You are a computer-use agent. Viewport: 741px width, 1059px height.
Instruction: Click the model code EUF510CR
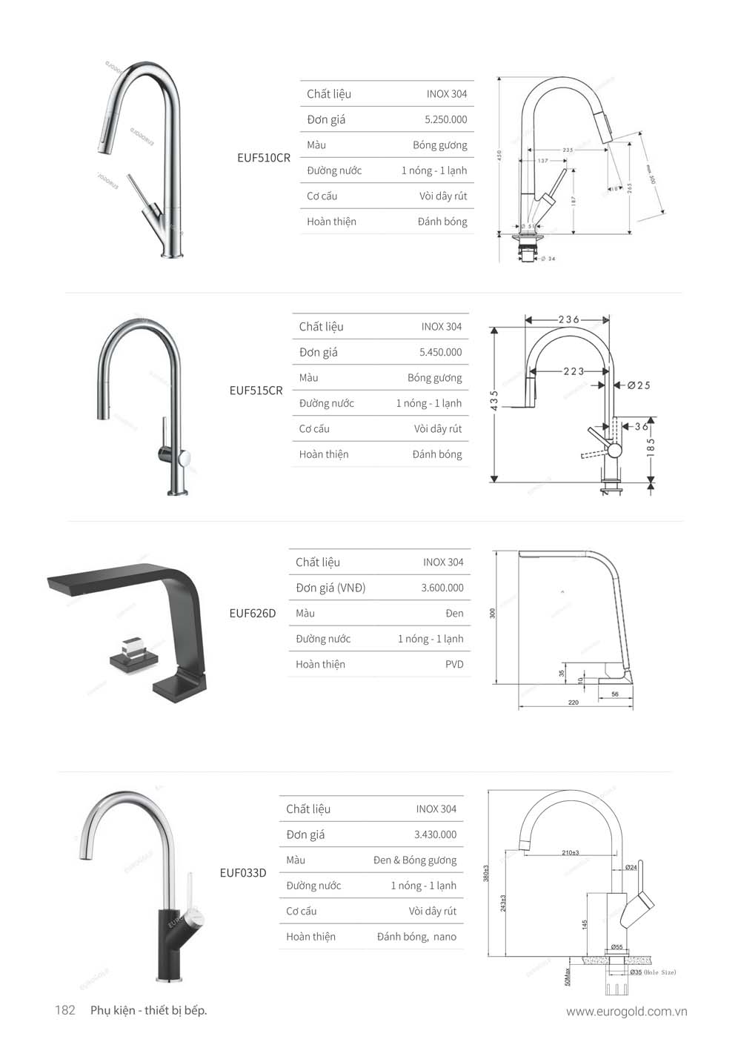[263, 158]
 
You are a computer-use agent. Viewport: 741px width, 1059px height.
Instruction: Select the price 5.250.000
[445, 119]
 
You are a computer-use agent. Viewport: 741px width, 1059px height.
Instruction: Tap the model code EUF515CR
[256, 391]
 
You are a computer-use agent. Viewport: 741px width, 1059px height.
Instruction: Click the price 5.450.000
[440, 352]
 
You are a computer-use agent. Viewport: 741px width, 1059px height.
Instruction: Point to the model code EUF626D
[252, 613]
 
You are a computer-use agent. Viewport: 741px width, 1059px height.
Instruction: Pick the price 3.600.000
[442, 588]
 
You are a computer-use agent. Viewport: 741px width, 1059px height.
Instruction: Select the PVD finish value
[454, 664]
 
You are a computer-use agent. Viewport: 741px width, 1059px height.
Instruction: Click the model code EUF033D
[242, 873]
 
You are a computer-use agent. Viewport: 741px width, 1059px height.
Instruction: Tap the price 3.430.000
[435, 834]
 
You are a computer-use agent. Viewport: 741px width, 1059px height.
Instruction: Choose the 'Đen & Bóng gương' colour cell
[414, 860]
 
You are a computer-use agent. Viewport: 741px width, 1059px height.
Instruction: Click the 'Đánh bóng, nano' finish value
[416, 937]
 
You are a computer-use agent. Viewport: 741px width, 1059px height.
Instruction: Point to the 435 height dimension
[494, 399]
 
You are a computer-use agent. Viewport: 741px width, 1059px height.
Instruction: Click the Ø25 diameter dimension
[638, 385]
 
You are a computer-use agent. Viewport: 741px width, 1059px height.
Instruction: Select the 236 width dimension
[568, 319]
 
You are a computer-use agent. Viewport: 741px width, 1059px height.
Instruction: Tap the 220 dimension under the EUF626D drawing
[573, 702]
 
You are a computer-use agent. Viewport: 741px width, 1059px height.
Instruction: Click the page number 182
[65, 1010]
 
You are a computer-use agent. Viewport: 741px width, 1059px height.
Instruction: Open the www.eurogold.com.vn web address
[626, 1012]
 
